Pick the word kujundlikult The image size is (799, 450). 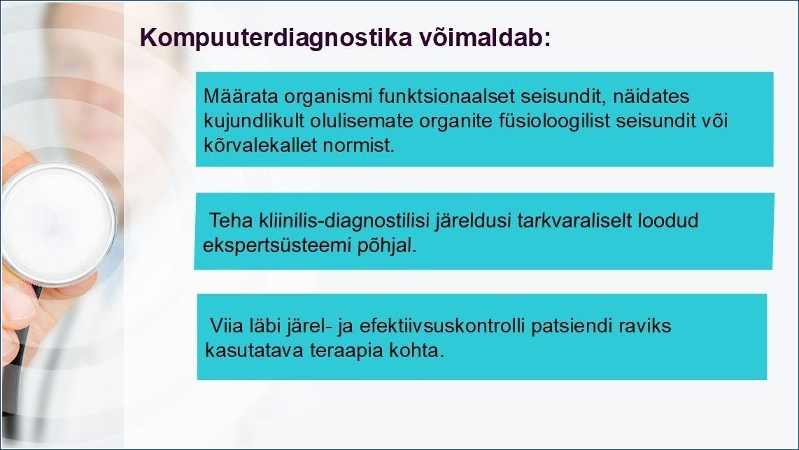(248, 122)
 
